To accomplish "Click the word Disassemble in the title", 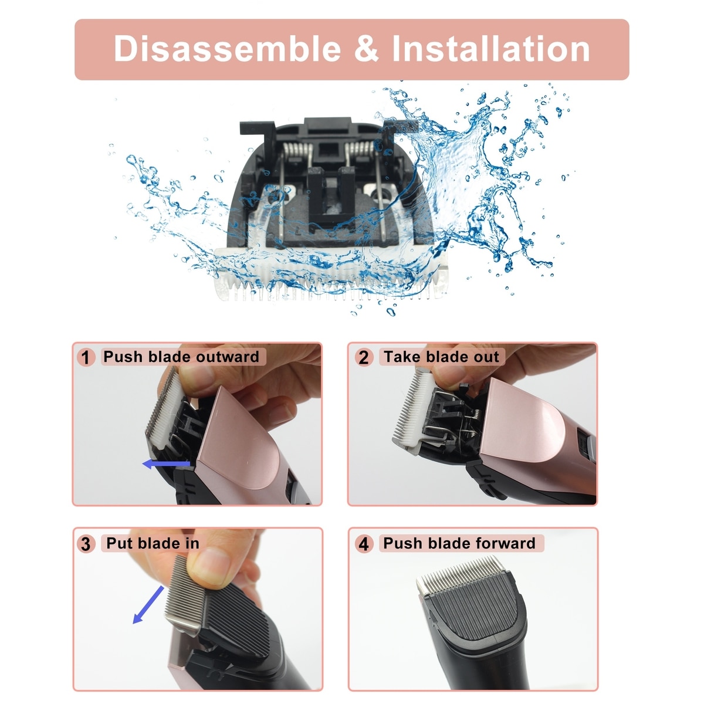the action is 227,49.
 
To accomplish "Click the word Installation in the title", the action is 490,49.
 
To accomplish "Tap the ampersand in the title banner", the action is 366,49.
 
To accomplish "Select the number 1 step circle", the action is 86,357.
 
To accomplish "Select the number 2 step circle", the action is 364,357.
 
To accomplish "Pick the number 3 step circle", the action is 86,544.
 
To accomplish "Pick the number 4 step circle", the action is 364,544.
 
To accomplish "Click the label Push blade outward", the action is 181,357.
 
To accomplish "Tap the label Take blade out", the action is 441,357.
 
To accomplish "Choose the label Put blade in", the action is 153,543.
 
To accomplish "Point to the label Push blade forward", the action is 459,543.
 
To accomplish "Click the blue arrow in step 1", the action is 166,464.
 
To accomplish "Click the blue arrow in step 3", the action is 148,604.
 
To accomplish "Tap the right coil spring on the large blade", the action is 359,149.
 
